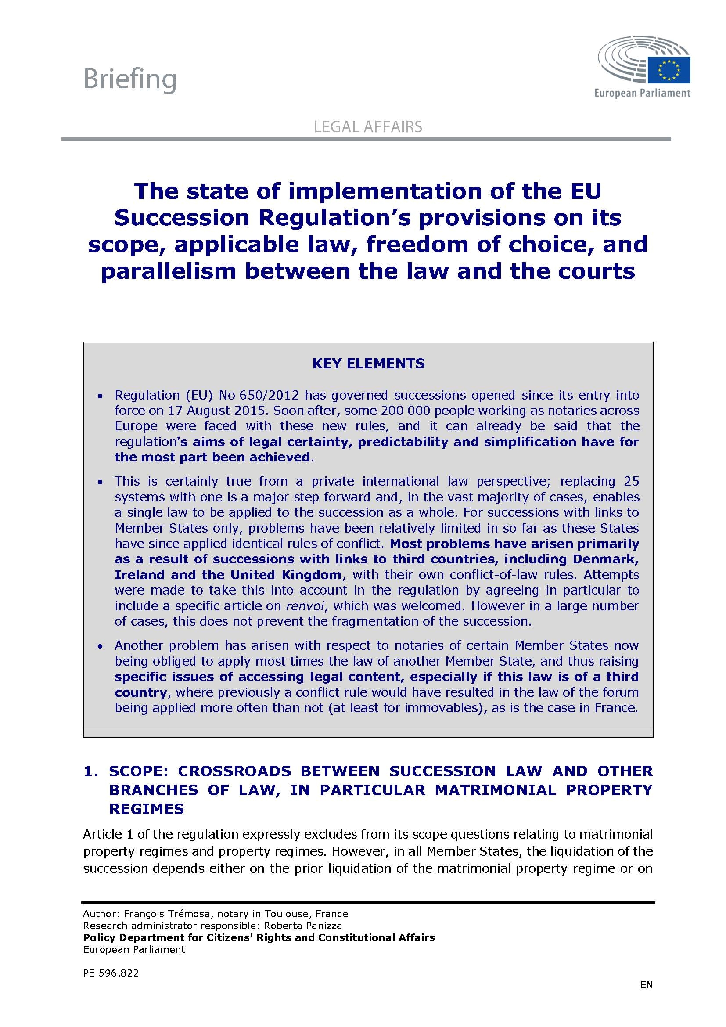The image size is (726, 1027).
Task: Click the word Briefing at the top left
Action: tap(129, 79)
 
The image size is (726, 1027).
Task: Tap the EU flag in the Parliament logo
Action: tap(669, 70)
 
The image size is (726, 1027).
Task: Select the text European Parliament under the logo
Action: tap(642, 93)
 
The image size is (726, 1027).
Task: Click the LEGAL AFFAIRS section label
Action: tap(368, 127)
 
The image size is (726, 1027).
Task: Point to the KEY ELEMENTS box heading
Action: tap(368, 363)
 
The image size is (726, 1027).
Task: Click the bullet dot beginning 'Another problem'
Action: tap(101, 646)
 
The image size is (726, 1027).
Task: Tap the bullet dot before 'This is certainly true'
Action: tap(101, 482)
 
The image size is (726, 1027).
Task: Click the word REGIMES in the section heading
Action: tap(147, 809)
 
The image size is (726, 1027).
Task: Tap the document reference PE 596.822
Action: tap(111, 973)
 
